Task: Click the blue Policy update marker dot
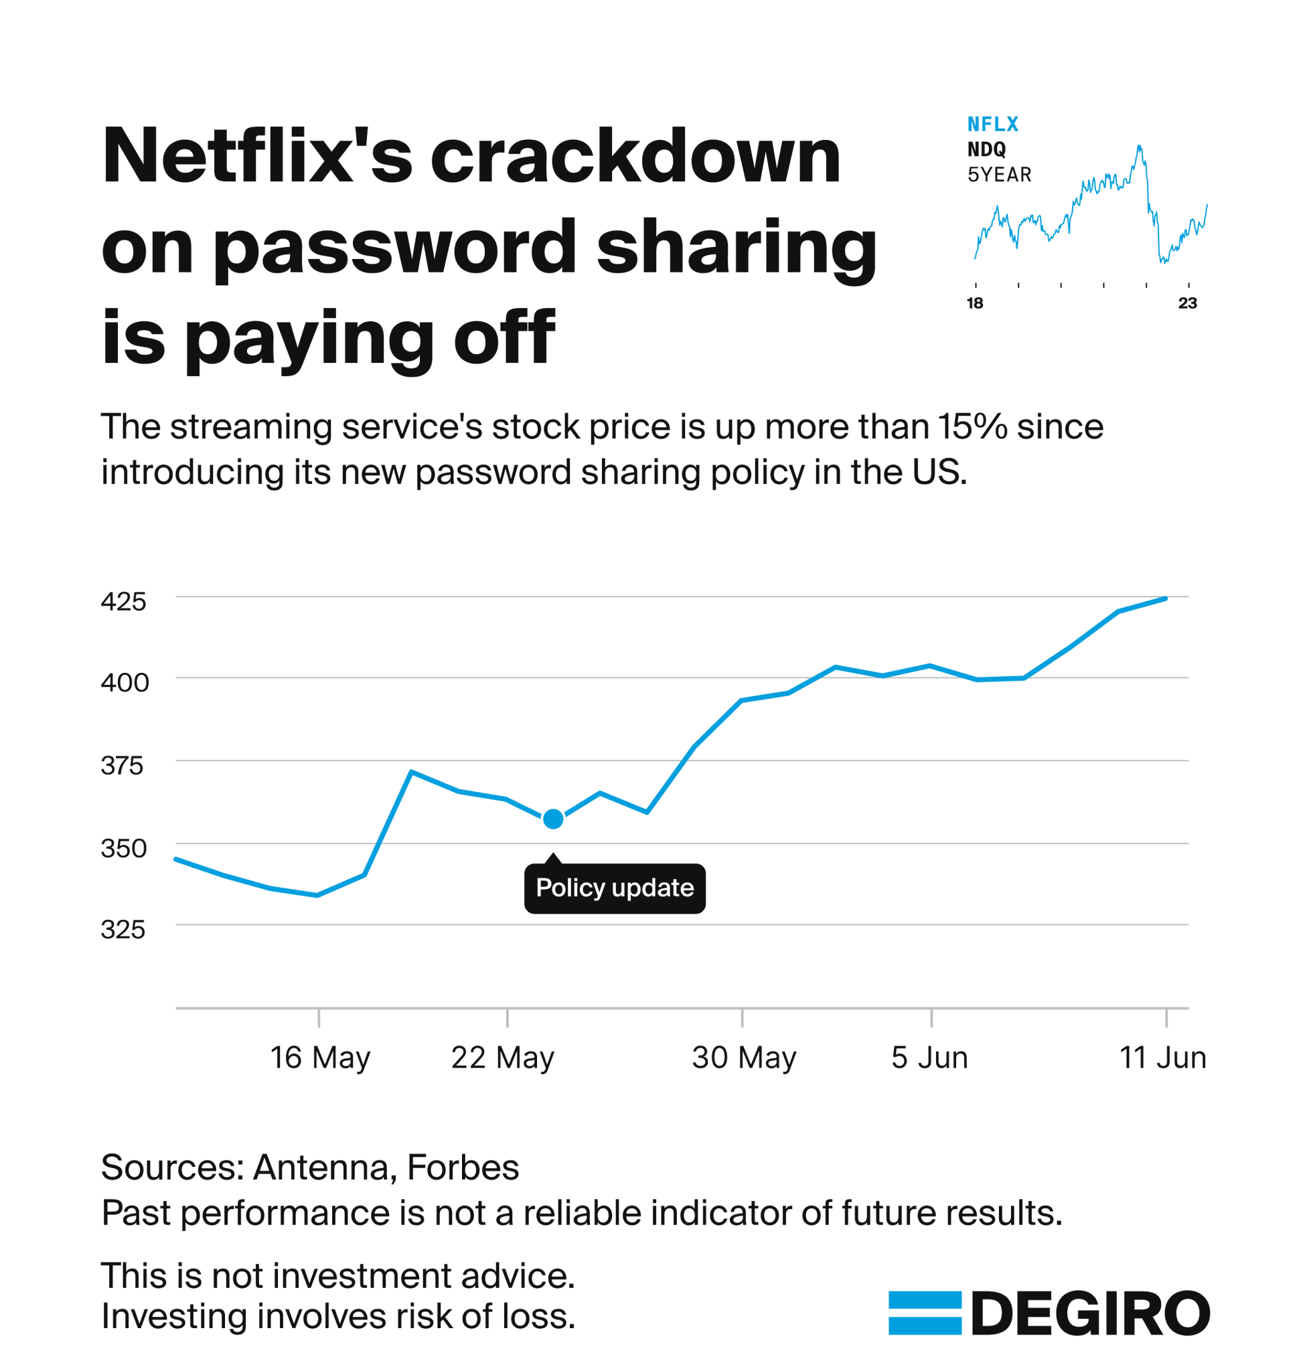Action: [552, 818]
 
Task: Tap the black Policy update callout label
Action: [614, 888]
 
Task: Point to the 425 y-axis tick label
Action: [124, 601]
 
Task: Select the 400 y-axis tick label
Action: [125, 682]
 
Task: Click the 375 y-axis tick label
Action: [123, 765]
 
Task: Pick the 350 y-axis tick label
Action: [124, 848]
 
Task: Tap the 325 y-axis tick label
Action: [123, 929]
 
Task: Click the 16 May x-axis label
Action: [319, 1058]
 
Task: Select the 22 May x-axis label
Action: [502, 1058]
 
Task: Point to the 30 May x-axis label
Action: [744, 1058]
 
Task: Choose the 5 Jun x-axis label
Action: [929, 1058]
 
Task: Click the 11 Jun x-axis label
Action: [1162, 1058]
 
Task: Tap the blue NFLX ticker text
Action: [992, 125]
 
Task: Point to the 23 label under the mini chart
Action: [1187, 303]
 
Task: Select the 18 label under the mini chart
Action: [974, 303]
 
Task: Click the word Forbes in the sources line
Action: [463, 1167]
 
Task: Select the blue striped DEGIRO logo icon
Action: [924, 1313]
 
